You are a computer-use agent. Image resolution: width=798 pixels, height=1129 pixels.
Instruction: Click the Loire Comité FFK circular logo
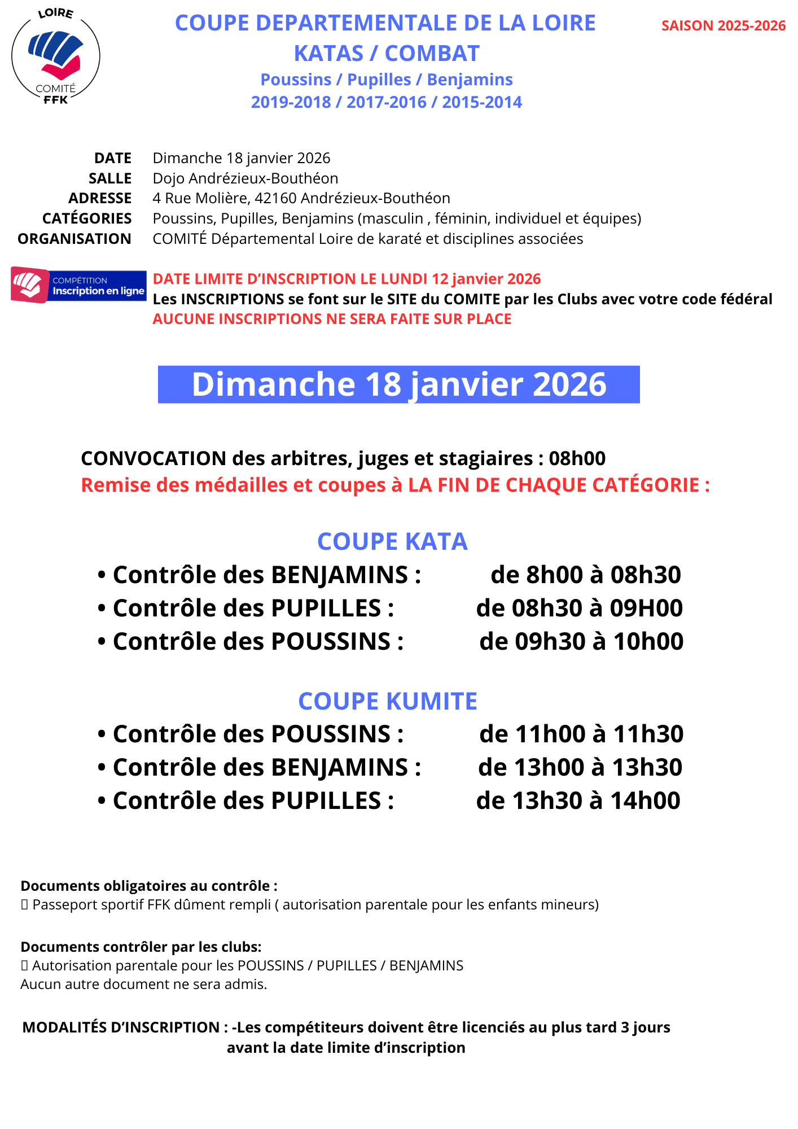click(x=55, y=56)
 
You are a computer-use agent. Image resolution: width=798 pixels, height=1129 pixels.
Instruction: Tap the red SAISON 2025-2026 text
click(x=723, y=26)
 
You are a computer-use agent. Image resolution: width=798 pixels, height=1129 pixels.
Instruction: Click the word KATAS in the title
click(x=328, y=54)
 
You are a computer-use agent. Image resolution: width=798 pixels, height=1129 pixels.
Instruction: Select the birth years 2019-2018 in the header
click(x=291, y=102)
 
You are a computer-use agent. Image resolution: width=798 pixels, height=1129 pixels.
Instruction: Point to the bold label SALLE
click(x=110, y=178)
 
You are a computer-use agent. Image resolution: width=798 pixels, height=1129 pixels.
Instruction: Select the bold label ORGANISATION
click(x=74, y=239)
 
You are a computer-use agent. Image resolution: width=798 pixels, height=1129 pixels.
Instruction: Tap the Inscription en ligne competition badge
click(x=78, y=286)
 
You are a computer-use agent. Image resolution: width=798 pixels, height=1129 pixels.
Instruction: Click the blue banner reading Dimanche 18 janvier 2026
click(x=398, y=384)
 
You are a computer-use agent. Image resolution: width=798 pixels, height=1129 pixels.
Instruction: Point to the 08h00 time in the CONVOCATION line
click(x=577, y=458)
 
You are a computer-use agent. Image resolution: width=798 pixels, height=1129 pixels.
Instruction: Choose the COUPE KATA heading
click(x=392, y=541)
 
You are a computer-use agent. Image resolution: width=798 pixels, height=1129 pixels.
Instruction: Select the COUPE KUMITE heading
click(x=388, y=701)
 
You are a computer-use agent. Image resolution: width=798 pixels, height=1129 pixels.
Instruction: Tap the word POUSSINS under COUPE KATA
click(x=331, y=641)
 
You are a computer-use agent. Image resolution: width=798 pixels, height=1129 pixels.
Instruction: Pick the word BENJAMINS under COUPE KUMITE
click(x=339, y=767)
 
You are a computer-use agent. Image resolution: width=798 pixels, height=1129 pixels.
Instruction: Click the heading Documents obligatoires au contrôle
click(x=148, y=886)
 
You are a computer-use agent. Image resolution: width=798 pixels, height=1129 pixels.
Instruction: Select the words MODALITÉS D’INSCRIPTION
click(x=121, y=1027)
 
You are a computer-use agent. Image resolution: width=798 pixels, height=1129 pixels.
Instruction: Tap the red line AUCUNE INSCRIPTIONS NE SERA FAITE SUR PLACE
click(x=332, y=319)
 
